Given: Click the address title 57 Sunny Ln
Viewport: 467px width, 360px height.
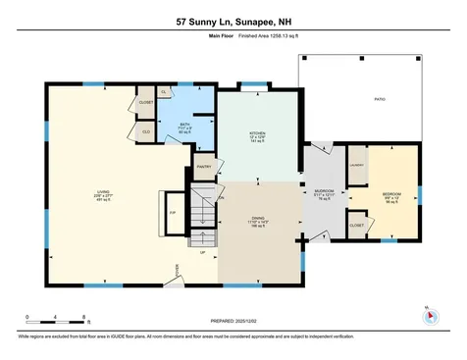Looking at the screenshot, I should (x=233, y=21).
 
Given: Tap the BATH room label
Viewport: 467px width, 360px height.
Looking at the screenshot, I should (x=184, y=125).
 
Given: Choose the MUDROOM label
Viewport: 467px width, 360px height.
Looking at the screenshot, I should (x=324, y=191).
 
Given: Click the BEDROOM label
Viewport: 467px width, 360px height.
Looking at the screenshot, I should (x=391, y=193).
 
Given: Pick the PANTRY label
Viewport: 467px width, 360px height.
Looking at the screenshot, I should (x=204, y=167).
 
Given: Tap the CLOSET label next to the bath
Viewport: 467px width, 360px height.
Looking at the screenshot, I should (x=146, y=101).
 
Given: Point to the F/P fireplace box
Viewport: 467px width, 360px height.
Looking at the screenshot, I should (x=173, y=213).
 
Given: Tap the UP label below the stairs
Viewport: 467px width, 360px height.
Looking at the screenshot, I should (x=203, y=252).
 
